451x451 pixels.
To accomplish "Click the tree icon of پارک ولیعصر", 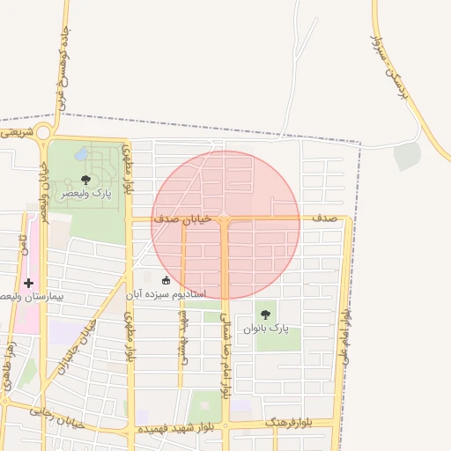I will tap(85, 180).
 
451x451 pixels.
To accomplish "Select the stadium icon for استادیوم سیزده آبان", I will tap(166, 280).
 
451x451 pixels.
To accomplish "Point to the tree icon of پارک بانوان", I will tap(265, 314).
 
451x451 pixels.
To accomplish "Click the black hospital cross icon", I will tap(29, 284).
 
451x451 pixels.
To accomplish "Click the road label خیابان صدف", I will tap(184, 218).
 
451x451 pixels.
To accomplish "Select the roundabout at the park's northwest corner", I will tap(43, 133).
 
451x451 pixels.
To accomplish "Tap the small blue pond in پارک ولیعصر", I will tap(81, 154).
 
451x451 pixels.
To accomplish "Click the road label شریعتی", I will tap(16, 132).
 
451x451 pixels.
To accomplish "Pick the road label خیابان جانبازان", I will tap(77, 344).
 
